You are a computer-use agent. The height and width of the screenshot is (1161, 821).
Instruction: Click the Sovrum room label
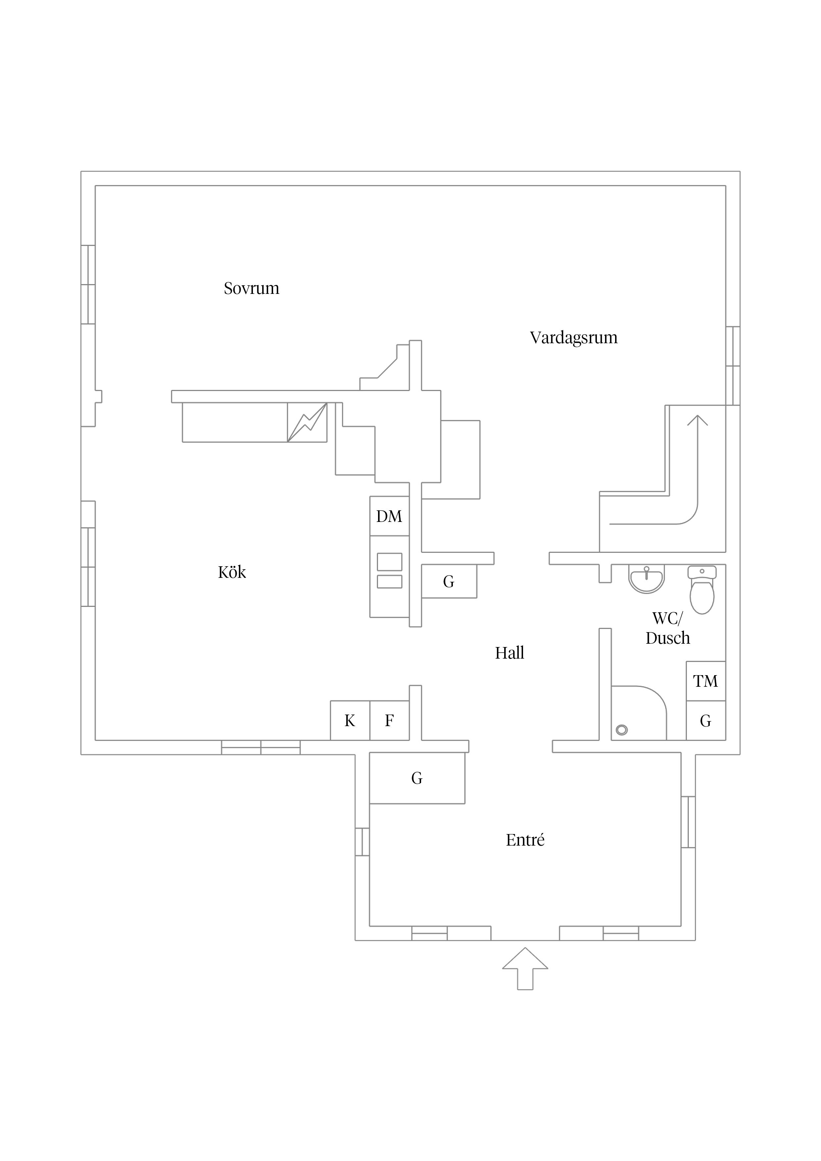coord(251,289)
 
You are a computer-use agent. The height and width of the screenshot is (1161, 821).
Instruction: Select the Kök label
coord(232,573)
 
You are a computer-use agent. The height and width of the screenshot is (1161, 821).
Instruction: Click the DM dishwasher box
coord(389,516)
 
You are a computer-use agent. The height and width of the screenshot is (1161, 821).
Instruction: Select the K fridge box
coord(350,720)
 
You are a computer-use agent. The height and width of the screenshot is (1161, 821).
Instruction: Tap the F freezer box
coord(389,720)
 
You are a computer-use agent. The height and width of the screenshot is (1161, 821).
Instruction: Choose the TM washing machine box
coord(705,681)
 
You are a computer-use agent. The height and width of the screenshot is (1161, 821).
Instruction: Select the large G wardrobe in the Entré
coord(417,778)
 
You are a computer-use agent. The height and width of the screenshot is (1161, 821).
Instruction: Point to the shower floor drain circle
coord(622,730)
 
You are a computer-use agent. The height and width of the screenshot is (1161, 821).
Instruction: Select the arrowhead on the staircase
coord(697,420)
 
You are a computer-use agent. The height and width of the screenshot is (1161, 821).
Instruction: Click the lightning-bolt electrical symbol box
coord(307,422)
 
